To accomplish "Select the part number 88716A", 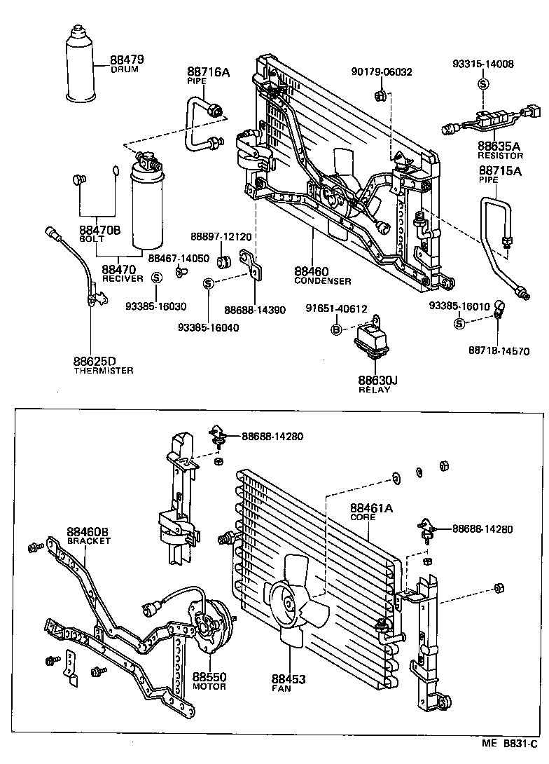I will [x=203, y=71].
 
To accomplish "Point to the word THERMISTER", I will [x=103, y=371].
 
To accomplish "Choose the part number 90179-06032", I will [x=382, y=71].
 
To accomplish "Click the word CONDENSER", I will [x=323, y=281].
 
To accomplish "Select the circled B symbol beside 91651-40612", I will [x=336, y=329].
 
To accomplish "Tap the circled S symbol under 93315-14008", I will [x=482, y=84].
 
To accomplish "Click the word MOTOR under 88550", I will [x=209, y=686].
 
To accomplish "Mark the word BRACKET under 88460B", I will [x=89, y=542].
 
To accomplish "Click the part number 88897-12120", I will [x=221, y=238].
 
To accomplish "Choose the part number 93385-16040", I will [x=208, y=327].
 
